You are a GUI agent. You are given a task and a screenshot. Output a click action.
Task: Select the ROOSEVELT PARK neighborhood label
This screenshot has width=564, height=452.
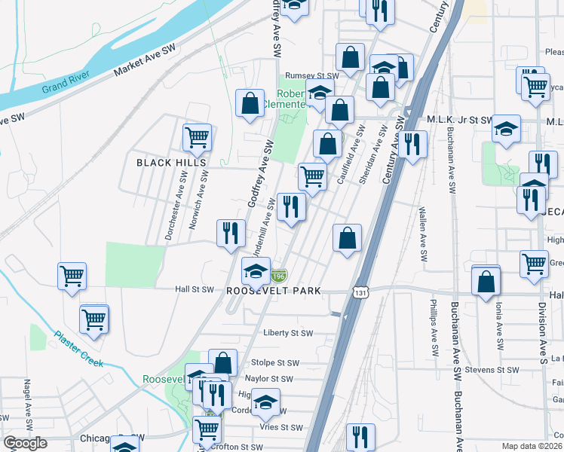274,290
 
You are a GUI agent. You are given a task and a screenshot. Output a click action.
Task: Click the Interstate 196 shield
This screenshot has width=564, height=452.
279,276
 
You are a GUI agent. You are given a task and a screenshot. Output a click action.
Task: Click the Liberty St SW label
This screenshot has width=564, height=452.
288,333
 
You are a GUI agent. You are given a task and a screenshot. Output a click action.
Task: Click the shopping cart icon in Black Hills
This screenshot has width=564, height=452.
196,138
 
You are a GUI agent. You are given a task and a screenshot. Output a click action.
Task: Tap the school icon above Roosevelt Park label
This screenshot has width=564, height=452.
256,271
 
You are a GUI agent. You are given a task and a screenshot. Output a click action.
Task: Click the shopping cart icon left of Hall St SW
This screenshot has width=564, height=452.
72,276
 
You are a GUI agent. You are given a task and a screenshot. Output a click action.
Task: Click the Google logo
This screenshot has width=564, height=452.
26,444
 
